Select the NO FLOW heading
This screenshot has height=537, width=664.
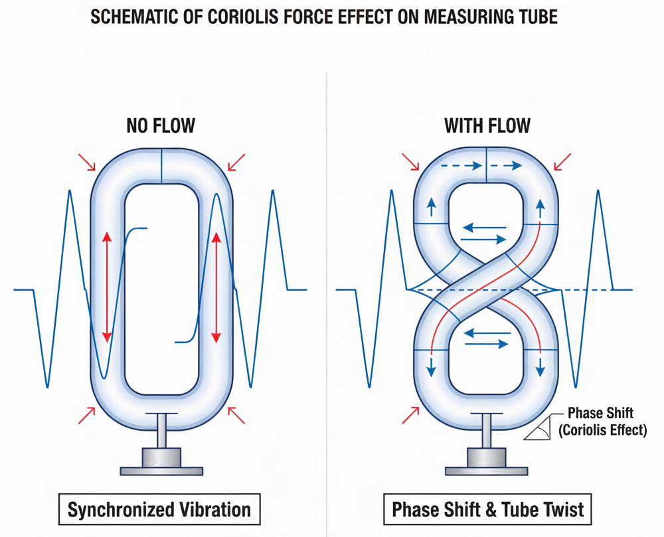coord(161,125)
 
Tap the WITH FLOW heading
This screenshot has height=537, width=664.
coord(487,125)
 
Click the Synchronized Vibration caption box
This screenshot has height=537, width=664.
coord(160,510)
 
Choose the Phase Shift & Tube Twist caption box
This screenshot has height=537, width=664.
coord(488,510)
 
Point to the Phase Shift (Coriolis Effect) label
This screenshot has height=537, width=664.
coord(601,422)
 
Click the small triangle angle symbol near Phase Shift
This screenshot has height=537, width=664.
coord(539,430)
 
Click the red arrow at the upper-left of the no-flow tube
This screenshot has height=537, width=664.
coord(86,162)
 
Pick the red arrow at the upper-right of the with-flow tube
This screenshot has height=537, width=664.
coord(562,162)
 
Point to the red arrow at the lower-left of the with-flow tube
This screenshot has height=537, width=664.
coord(411,416)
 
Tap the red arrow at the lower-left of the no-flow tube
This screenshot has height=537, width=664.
coord(86,416)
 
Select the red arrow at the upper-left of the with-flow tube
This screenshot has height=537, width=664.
coord(410,162)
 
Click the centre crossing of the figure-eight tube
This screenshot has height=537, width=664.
coord(487,290)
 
